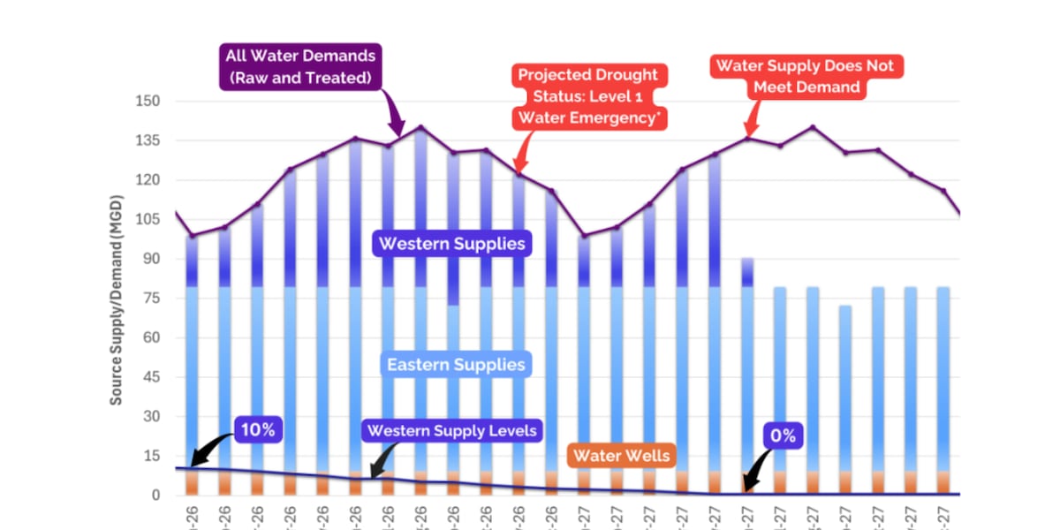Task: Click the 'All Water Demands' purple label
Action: tap(300, 66)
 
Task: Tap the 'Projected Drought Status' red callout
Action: tap(588, 95)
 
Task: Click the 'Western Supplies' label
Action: tap(452, 243)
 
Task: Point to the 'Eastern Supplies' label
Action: tap(455, 364)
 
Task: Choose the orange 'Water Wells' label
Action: tap(622, 456)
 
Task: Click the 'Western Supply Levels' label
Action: tap(451, 431)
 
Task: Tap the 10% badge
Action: tap(258, 430)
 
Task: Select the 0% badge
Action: tap(783, 435)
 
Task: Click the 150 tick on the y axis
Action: tap(147, 102)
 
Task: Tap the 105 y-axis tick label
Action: tap(147, 220)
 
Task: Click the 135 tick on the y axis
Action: tap(147, 140)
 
